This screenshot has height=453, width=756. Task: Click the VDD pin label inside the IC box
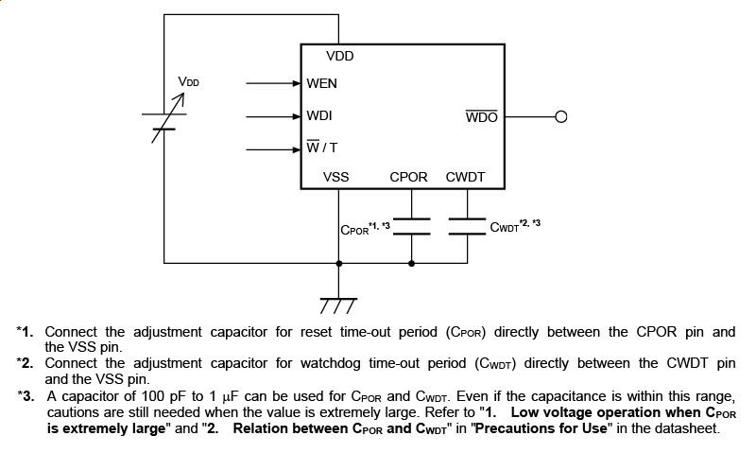[x=339, y=57]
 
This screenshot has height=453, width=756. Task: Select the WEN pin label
[x=321, y=83]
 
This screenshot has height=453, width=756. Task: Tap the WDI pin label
[x=318, y=115]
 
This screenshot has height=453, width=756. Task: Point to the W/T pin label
[x=321, y=148]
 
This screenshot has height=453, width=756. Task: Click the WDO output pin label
[x=482, y=117]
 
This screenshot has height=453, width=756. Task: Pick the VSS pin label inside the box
[x=335, y=177]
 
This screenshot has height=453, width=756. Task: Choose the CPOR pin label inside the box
[x=408, y=177]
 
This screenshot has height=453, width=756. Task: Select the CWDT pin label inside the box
[x=464, y=177]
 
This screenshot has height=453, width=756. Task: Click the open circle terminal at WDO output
[x=561, y=117]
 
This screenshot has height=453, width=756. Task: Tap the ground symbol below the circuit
[x=337, y=302]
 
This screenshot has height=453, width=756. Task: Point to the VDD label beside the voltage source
[x=189, y=82]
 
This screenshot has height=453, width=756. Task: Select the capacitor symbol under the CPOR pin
[x=411, y=225]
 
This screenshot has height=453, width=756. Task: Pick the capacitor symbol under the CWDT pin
[x=467, y=225]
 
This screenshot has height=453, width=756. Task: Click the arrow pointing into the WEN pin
[x=273, y=83]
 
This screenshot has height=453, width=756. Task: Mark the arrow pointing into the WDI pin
[x=273, y=116]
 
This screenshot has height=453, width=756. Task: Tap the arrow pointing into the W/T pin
[x=273, y=148]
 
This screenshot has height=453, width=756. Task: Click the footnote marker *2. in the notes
[x=26, y=363]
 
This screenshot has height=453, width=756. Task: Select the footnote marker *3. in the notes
[x=26, y=396]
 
